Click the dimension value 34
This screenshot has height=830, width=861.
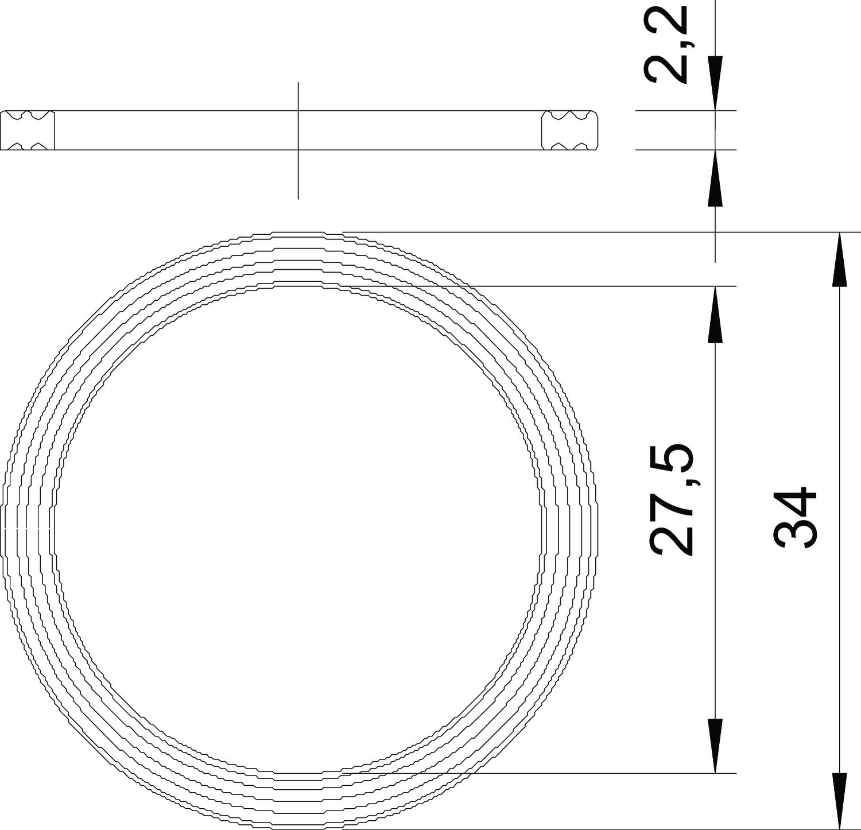tap(795, 518)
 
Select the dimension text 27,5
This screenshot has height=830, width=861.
tap(672, 499)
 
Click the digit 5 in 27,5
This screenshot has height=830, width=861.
tap(672, 457)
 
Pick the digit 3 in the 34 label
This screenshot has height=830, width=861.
tap(795, 535)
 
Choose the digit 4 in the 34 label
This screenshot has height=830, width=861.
tap(795, 503)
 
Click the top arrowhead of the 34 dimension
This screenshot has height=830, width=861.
tap(840, 259)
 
